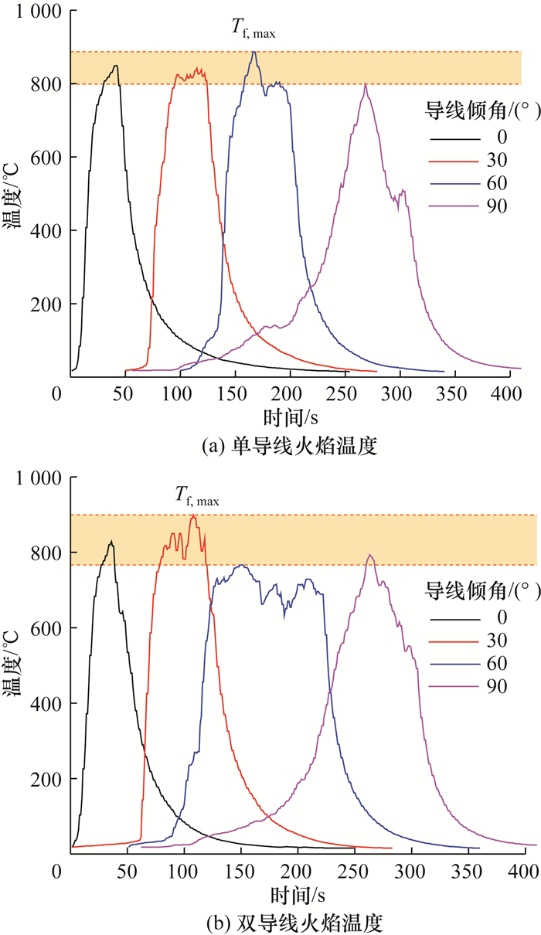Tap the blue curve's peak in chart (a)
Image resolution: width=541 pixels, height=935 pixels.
tap(253, 52)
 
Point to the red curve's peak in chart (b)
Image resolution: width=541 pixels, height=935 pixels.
tap(192, 515)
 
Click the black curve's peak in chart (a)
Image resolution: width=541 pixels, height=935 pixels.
tap(115, 66)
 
